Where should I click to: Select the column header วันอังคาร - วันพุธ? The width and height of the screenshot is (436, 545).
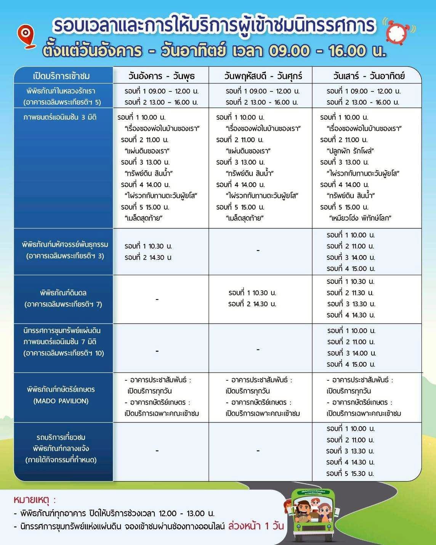pyautogui.click(x=161, y=75)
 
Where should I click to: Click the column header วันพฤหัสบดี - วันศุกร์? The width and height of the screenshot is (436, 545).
pyautogui.click(x=263, y=75)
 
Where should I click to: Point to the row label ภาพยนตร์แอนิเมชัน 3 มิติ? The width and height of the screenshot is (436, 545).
pyautogui.click(x=60, y=117)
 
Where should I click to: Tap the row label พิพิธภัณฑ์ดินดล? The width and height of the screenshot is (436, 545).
pyautogui.click(x=63, y=293)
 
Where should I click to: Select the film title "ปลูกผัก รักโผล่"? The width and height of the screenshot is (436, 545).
pyautogui.click(x=350, y=151)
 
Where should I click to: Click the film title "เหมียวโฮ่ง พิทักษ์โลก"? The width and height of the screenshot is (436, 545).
pyautogui.click(x=360, y=218)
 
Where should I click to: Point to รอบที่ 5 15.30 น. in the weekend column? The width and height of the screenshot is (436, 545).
pyautogui.click(x=350, y=473)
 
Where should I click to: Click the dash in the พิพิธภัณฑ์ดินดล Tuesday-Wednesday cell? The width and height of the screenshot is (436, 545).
pyautogui.click(x=157, y=300)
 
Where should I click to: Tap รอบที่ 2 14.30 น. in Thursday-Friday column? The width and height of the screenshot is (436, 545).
pyautogui.click(x=252, y=304)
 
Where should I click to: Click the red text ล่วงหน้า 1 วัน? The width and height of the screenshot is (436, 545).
pyautogui.click(x=256, y=526)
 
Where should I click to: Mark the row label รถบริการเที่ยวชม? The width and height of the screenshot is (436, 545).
pyautogui.click(x=61, y=437)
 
